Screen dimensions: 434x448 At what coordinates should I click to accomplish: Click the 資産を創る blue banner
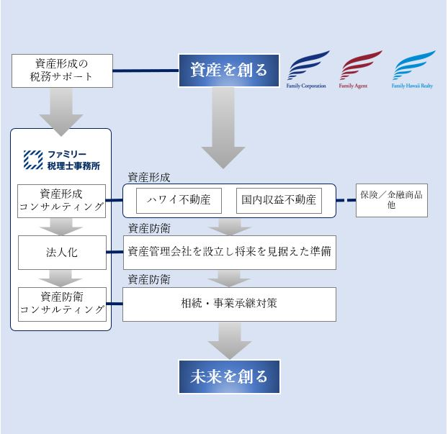[x=228, y=70]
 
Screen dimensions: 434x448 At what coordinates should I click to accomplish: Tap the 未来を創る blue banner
[x=228, y=376]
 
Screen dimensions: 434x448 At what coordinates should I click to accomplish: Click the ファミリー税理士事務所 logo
[x=61, y=160]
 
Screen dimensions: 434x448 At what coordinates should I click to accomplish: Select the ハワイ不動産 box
[x=178, y=200]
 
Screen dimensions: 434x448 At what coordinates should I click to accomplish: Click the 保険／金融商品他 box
[x=391, y=200]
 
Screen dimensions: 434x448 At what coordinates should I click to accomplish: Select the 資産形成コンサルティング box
[x=61, y=201]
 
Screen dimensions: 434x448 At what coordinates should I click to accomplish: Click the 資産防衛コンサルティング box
[x=61, y=303]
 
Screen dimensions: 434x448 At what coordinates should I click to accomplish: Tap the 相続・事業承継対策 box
[x=229, y=303]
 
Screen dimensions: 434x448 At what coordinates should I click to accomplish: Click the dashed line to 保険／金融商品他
[x=346, y=200]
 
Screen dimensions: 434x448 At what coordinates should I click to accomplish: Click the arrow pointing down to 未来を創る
[x=228, y=339]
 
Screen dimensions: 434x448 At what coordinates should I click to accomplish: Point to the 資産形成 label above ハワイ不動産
[x=149, y=177]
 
